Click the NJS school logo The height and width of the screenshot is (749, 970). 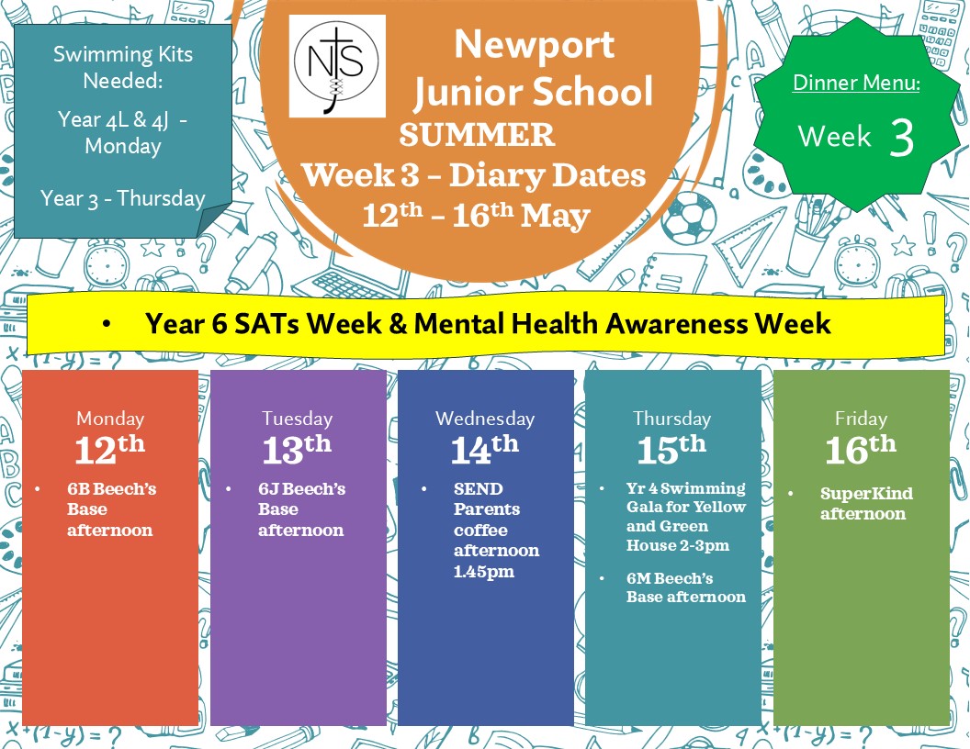click(337, 66)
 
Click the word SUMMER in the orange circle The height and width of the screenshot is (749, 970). click(477, 135)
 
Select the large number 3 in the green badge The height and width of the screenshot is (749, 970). click(902, 137)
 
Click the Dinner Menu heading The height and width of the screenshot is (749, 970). click(856, 83)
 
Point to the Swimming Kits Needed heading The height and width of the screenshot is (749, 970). click(123, 67)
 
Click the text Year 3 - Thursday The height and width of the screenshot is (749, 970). click(122, 198)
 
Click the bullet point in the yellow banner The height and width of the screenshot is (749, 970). click(107, 324)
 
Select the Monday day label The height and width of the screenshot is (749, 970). click(110, 419)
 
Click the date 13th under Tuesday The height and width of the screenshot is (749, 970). click(297, 449)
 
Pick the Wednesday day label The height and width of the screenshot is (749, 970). click(485, 419)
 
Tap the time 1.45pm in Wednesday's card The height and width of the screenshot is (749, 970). click(484, 572)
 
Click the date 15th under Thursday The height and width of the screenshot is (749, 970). click(671, 449)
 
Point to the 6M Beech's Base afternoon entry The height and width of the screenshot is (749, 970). click(685, 587)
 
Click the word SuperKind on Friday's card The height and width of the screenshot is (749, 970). click(866, 493)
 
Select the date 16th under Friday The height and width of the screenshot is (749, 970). click(861, 449)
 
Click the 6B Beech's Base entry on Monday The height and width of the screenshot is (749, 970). click(111, 509)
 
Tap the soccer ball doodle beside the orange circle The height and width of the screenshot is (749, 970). click(690, 218)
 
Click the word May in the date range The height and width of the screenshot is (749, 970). click(555, 217)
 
